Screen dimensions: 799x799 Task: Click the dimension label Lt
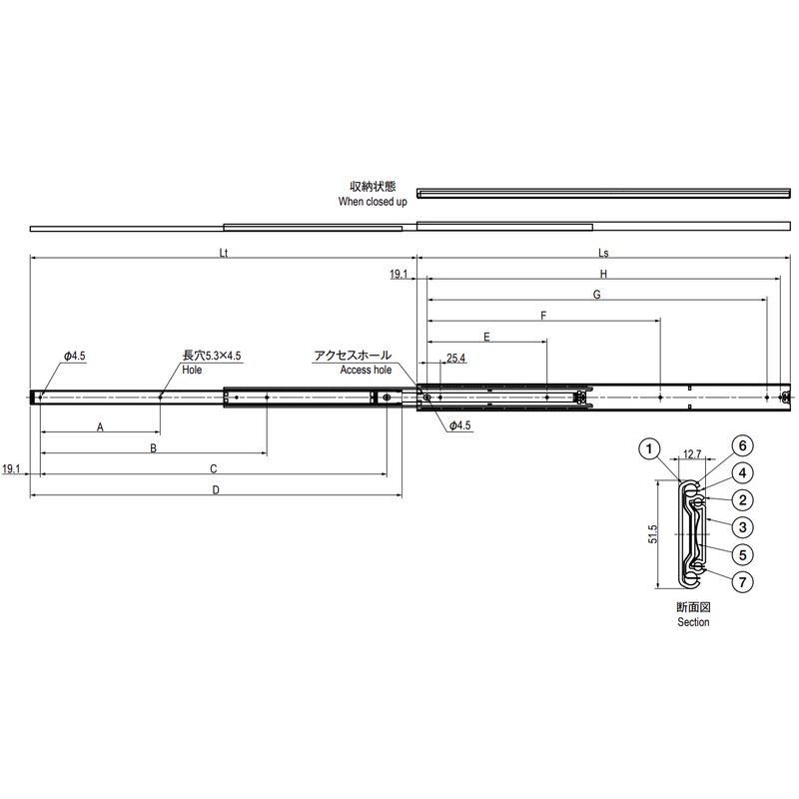pos(223,253)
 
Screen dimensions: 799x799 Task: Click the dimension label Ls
pos(603,253)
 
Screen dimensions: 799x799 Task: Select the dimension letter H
pos(603,274)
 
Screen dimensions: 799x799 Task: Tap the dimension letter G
pos(596,295)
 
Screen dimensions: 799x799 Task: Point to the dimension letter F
pos(543,316)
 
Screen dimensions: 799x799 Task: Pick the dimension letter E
pos(486,337)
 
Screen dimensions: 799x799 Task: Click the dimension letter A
pos(100,427)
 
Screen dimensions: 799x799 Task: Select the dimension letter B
pos(153,448)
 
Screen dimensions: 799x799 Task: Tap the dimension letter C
pos(214,468)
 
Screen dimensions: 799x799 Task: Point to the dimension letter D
pos(216,490)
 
